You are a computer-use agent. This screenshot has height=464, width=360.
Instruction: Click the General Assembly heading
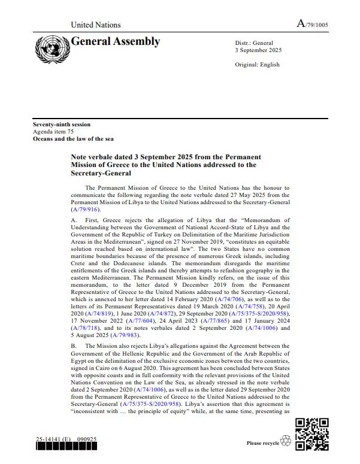point(115,41)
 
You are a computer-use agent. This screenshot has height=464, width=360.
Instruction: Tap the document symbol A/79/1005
point(312,24)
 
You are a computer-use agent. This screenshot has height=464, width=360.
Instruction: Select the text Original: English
point(258,65)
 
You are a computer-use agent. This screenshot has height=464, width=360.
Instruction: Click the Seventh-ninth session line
point(62,125)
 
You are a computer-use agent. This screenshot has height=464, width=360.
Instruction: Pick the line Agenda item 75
point(53,132)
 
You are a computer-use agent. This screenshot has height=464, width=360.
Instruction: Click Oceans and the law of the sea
point(73,139)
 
